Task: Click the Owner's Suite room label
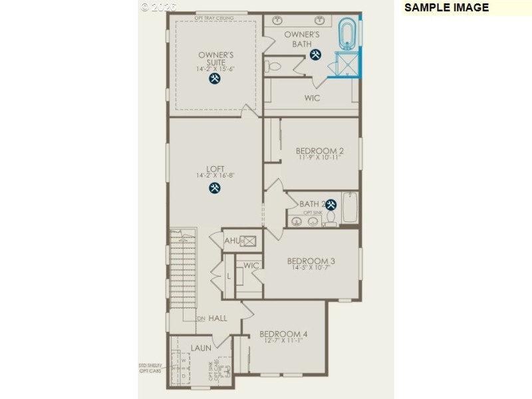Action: coord(216,59)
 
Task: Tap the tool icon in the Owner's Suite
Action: coord(215,78)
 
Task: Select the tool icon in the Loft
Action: coord(215,188)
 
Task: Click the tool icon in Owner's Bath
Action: coord(316,55)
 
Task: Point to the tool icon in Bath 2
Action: coord(330,205)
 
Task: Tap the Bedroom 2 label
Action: coord(321,150)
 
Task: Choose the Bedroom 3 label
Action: coord(311,261)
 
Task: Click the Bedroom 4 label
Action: coord(283,334)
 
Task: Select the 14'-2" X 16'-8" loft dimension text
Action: coord(215,176)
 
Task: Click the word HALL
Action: coord(217,319)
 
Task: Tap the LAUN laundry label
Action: coord(201,348)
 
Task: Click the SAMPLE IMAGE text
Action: coord(446,8)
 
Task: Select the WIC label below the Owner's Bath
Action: coord(313,98)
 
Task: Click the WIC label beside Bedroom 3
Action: coord(251,266)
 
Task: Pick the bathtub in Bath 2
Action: coord(350,209)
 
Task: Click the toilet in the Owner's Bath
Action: coord(274,66)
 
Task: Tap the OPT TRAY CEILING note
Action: coord(213,18)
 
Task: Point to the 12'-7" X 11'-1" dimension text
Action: coord(283,340)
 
